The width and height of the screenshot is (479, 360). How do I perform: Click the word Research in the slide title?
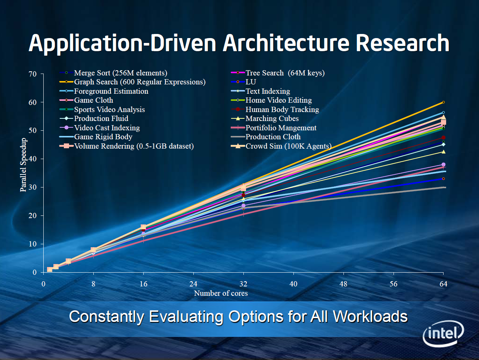click(402, 43)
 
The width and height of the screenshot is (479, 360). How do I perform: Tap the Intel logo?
click(444, 333)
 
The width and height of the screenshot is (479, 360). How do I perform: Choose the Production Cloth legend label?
click(273, 137)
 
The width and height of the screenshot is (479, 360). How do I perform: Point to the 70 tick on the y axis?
click(32, 74)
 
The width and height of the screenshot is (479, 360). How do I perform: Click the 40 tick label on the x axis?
click(293, 284)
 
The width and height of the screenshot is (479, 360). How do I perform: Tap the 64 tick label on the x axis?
click(443, 284)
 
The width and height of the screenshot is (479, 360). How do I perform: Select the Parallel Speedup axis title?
click(23, 165)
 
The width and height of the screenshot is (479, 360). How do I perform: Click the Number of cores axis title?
click(221, 293)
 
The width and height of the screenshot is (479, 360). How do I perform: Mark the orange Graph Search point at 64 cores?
click(443, 102)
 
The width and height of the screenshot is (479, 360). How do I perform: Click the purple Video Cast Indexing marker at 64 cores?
click(443, 165)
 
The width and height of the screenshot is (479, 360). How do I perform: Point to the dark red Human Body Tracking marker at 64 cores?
click(443, 138)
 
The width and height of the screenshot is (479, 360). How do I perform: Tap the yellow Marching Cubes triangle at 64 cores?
click(443, 152)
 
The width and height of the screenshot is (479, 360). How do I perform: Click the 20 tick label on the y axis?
click(32, 215)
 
